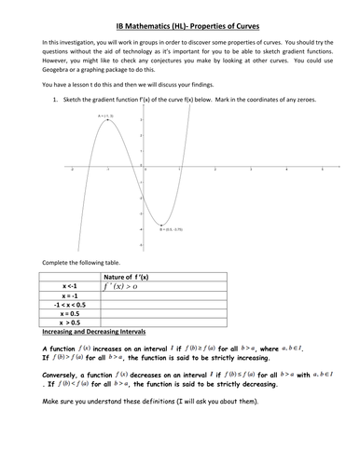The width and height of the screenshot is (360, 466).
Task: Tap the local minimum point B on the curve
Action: [159, 224]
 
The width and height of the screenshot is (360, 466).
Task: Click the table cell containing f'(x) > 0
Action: [155, 289]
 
